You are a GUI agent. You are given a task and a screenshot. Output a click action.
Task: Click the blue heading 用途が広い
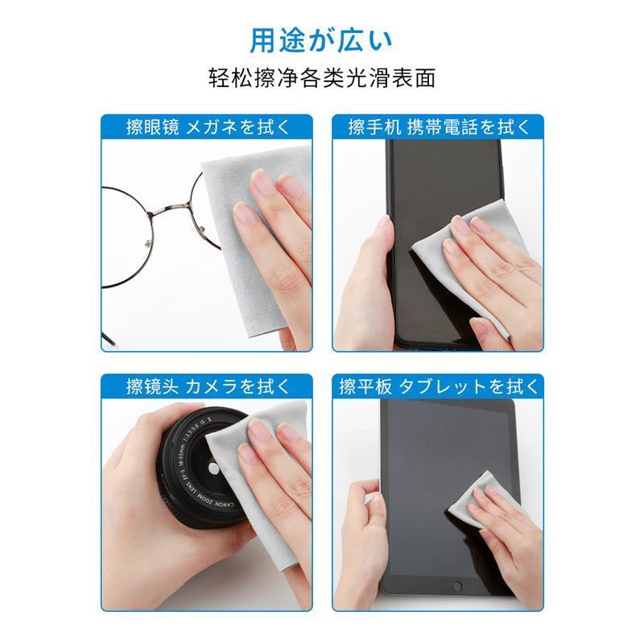pyautogui.click(x=321, y=41)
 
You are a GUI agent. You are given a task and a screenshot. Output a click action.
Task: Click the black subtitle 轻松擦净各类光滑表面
pyautogui.click(x=321, y=78)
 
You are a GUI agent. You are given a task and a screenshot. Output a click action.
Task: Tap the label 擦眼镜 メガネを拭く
pyautogui.click(x=208, y=127)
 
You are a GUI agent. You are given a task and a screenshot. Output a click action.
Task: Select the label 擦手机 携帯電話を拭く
pyautogui.click(x=438, y=127)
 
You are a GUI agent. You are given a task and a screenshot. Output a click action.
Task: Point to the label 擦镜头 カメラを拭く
pyautogui.click(x=208, y=386)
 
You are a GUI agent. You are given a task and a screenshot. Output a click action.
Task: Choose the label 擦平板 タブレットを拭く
pyautogui.click(x=438, y=386)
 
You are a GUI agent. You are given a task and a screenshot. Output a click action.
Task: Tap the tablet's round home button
pyautogui.click(x=456, y=586)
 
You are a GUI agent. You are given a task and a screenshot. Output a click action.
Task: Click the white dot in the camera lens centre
pyautogui.click(x=213, y=468)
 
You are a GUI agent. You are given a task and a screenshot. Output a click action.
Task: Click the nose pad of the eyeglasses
pyautogui.click(x=148, y=245)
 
